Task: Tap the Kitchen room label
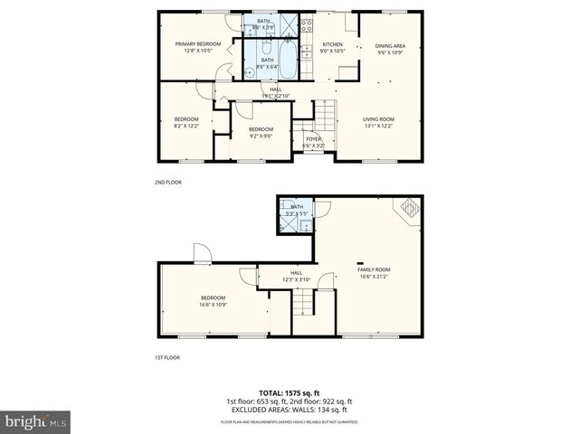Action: (x=333, y=47)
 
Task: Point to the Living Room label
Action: (x=378, y=122)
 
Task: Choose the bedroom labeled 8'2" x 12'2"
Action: (x=185, y=122)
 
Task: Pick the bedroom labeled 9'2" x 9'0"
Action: (x=261, y=132)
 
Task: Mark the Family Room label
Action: (x=374, y=272)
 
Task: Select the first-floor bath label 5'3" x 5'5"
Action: (x=297, y=210)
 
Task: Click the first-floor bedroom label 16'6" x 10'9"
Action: (x=214, y=301)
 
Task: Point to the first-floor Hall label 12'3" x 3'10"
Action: (x=296, y=276)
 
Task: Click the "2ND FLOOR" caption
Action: (x=167, y=182)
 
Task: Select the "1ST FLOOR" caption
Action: (x=166, y=357)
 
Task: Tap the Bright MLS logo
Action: (x=36, y=421)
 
